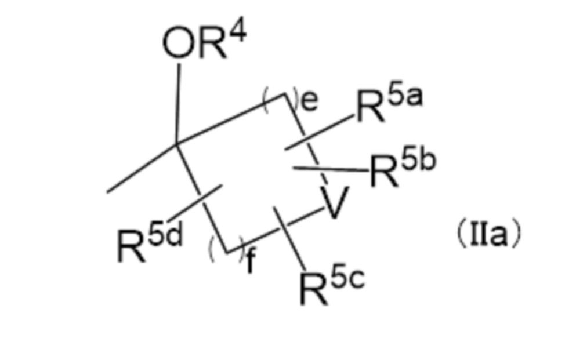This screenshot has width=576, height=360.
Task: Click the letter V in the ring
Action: [333, 204]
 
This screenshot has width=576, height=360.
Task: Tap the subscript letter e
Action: [310, 101]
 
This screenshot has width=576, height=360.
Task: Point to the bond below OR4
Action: [177, 101]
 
